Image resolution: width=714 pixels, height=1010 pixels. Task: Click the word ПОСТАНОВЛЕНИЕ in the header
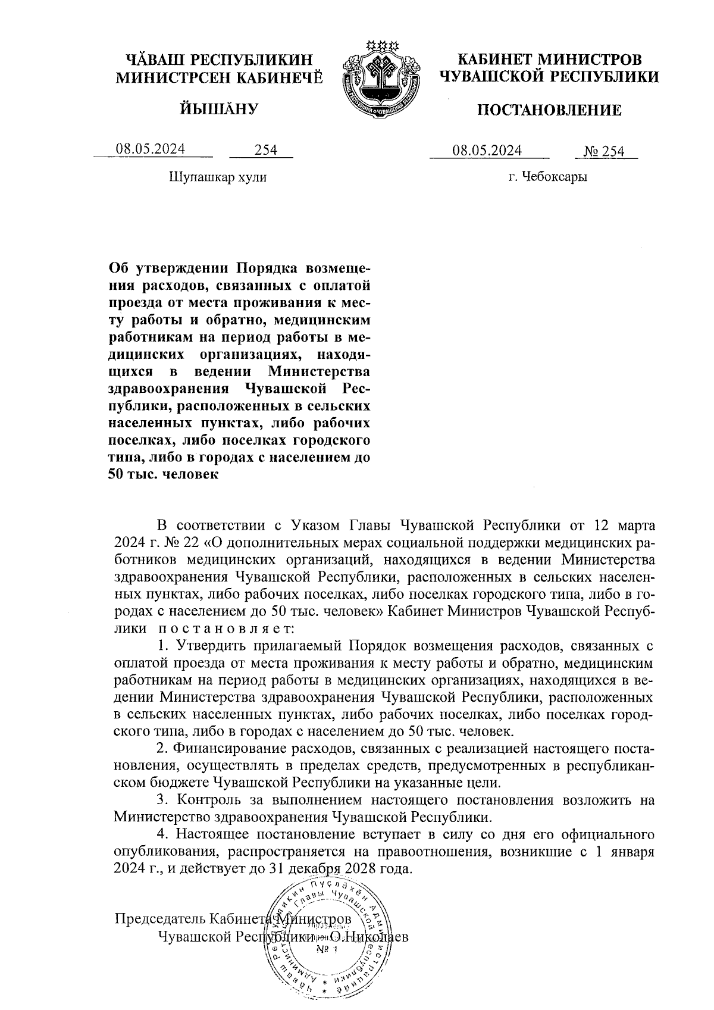(x=550, y=110)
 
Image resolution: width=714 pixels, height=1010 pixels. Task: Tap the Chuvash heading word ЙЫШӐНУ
(x=219, y=109)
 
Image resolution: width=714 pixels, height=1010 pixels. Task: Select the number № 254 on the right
(x=604, y=151)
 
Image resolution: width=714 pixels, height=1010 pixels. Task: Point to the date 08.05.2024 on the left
(x=151, y=149)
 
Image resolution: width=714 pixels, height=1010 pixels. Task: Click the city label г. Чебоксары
(x=547, y=177)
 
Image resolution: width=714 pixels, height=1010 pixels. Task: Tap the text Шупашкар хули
(x=218, y=177)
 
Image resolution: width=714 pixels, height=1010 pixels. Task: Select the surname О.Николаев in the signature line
(x=369, y=936)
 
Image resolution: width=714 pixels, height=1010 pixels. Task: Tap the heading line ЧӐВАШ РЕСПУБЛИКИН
(x=218, y=60)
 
